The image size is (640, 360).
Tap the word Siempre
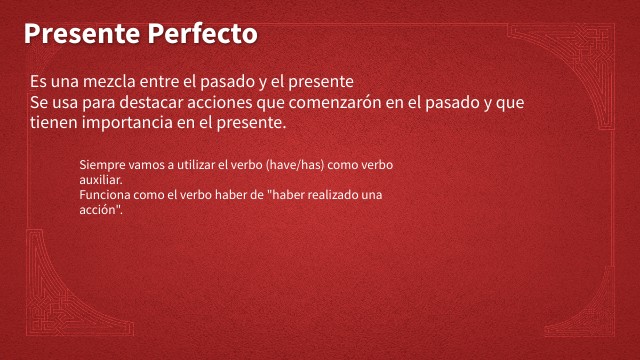pyautogui.click(x=98, y=164)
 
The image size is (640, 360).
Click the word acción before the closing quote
pyautogui.click(x=97, y=210)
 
